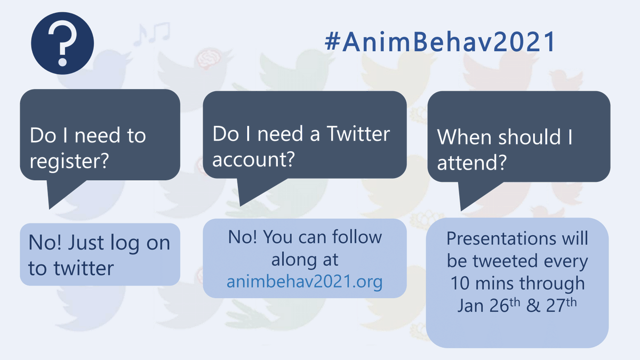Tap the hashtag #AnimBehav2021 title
[x=440, y=42]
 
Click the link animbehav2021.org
[x=305, y=281]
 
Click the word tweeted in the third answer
[x=506, y=261]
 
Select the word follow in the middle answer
[x=356, y=237]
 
